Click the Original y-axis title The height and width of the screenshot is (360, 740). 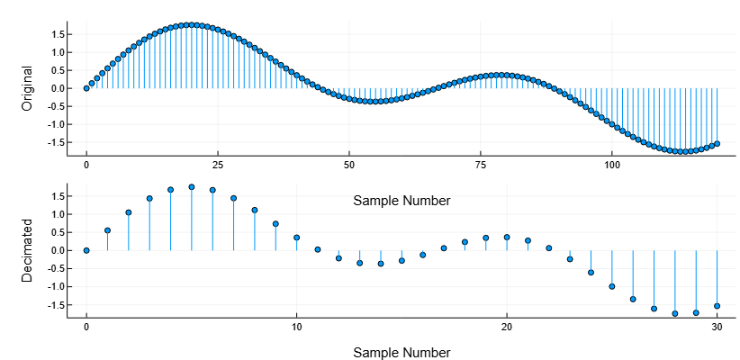27,88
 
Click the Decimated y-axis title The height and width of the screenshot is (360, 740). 27,250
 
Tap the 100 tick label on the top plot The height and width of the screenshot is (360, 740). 612,166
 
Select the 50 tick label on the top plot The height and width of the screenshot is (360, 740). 349,166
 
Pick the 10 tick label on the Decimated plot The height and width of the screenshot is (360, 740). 296,328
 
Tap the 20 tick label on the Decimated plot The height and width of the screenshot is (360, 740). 507,328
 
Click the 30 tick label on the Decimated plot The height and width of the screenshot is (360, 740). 717,328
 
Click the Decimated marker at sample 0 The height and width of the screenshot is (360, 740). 86,250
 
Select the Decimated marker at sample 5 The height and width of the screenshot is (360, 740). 192,187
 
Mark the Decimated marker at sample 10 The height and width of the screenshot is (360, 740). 296,238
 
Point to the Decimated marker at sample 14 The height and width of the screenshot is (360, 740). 381,264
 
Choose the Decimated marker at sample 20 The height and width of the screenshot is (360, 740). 507,237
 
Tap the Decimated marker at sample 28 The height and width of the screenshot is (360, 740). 675,313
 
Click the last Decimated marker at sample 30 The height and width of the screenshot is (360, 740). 717,305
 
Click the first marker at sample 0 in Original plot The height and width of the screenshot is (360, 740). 86,88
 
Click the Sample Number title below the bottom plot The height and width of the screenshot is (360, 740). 402,352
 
